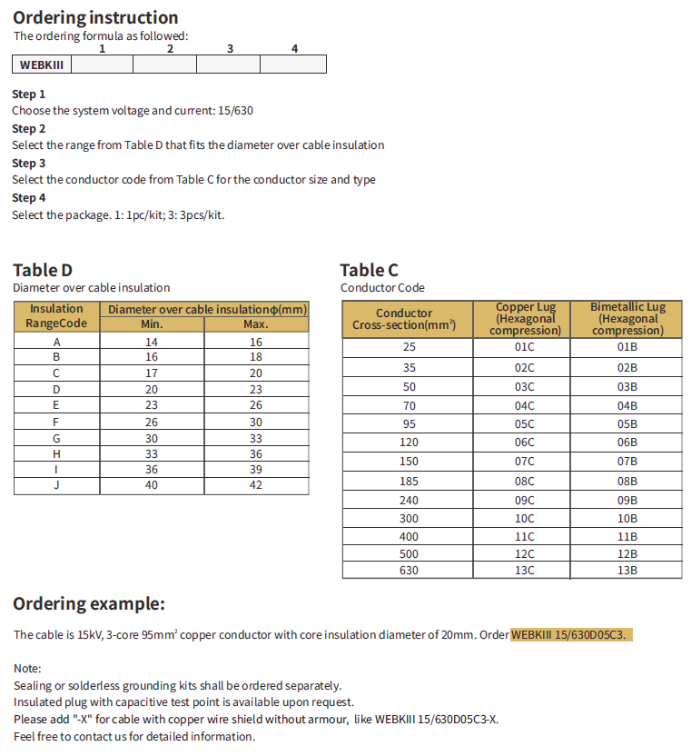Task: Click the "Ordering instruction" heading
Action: click(x=95, y=17)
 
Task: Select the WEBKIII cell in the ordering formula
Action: click(x=41, y=65)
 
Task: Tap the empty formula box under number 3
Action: click(x=228, y=65)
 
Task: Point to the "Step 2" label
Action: click(x=28, y=128)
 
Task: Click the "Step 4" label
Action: click(x=28, y=197)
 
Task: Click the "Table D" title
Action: click(x=42, y=269)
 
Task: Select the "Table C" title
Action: click(x=369, y=269)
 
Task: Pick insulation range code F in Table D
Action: click(x=56, y=422)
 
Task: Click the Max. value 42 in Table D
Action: click(x=256, y=484)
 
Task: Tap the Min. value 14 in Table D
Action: click(x=152, y=342)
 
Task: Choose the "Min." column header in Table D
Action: click(x=152, y=324)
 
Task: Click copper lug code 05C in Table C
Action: click(x=525, y=423)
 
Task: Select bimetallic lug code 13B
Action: click(x=627, y=570)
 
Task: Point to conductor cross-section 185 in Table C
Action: click(x=408, y=480)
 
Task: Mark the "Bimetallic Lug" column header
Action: click(x=627, y=319)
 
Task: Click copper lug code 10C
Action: click(x=525, y=518)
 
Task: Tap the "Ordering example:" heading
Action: click(x=89, y=603)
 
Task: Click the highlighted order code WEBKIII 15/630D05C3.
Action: click(x=569, y=634)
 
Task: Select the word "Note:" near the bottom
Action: click(x=27, y=668)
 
